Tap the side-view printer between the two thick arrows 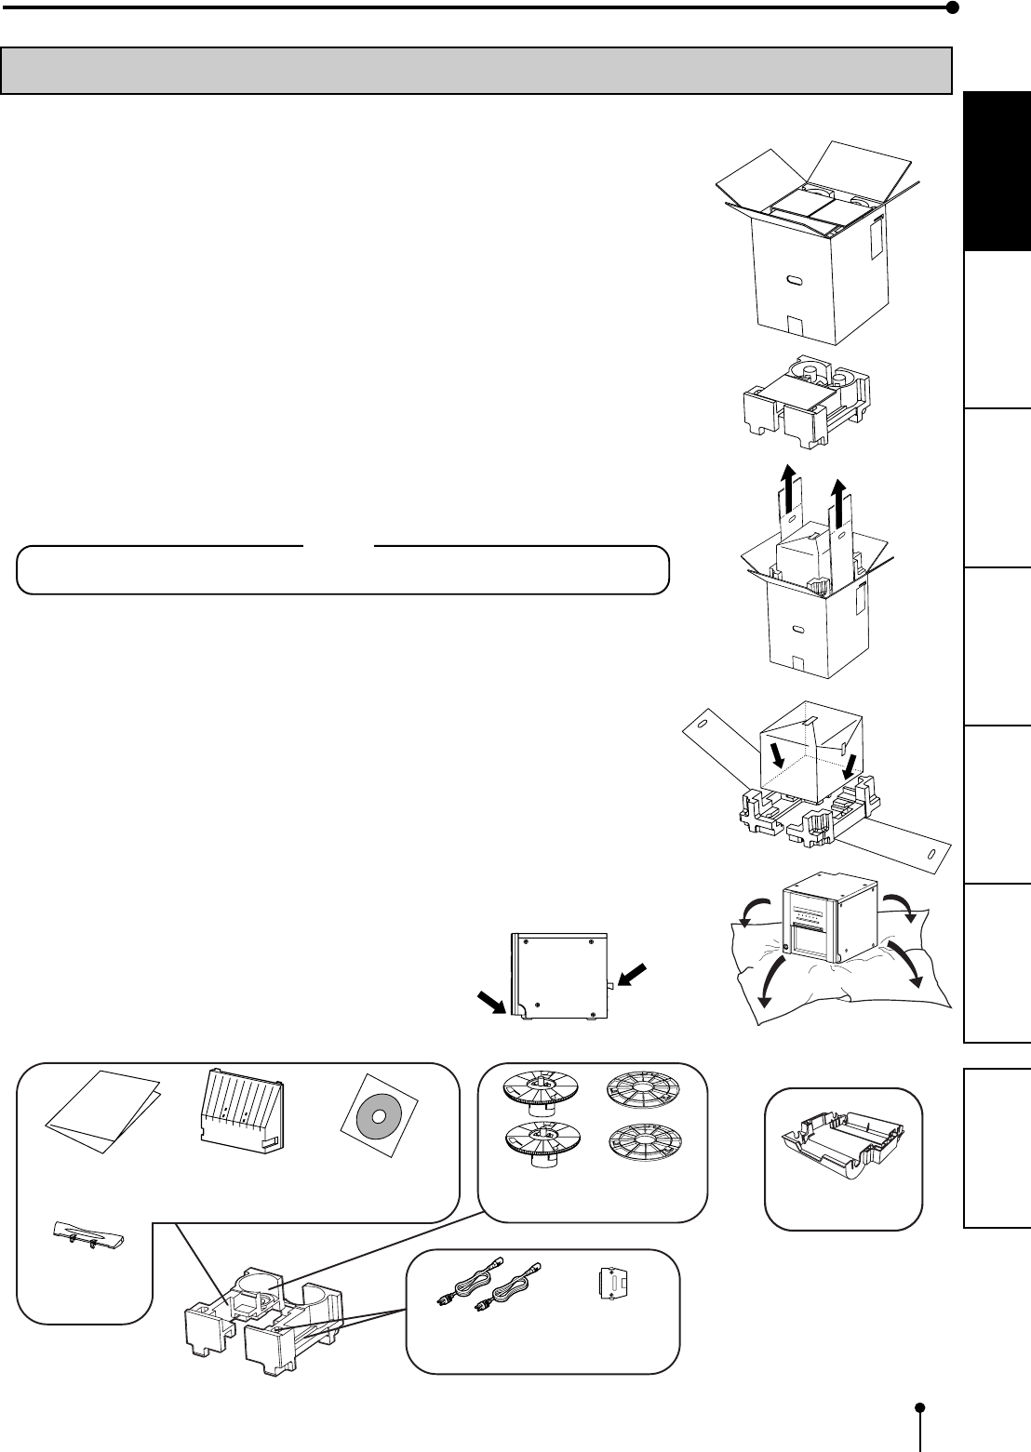click(559, 976)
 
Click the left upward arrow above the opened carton click(789, 493)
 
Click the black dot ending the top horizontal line click(951, 7)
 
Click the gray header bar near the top click(476, 71)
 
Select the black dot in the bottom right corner click(919, 1407)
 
